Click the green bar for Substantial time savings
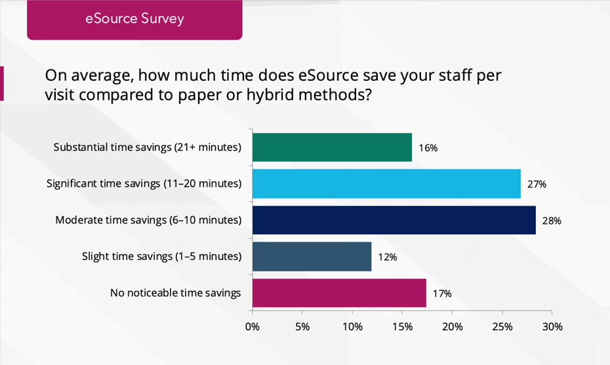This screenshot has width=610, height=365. [x=332, y=147]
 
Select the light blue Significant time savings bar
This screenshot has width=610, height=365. [x=386, y=184]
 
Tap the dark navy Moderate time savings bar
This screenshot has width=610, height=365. [x=394, y=220]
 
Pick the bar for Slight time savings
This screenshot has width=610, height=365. [x=312, y=257]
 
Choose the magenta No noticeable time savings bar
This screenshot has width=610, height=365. [x=339, y=293]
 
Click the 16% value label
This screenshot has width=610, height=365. [x=428, y=148]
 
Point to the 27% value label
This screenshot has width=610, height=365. [x=537, y=184]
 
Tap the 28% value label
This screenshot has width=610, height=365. [x=552, y=221]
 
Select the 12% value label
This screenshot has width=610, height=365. [x=388, y=257]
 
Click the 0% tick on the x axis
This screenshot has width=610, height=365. [x=253, y=326]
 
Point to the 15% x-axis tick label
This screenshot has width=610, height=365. [x=402, y=326]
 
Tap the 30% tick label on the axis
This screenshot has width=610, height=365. [x=552, y=326]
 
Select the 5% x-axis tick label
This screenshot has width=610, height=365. [x=302, y=326]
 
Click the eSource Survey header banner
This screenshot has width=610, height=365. [x=134, y=18]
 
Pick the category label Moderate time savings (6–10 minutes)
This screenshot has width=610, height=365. [x=148, y=220]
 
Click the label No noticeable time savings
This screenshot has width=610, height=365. [x=175, y=293]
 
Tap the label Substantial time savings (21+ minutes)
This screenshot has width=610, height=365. [x=147, y=147]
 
